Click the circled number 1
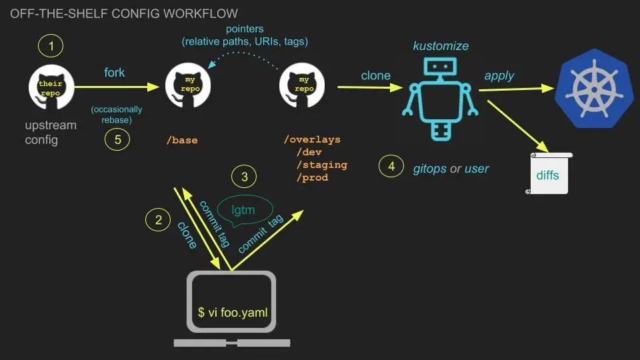pyautogui.click(x=51, y=46)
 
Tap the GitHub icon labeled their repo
pyautogui.click(x=51, y=87)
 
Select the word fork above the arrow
pyautogui.click(x=114, y=73)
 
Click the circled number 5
pyautogui.click(x=117, y=139)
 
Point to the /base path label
pyautogui.click(x=182, y=141)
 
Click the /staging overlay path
pyautogui.click(x=322, y=165)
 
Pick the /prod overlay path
pyautogui.click(x=313, y=177)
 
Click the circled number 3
pyautogui.click(x=244, y=177)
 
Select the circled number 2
pyautogui.click(x=158, y=219)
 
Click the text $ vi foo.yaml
pyautogui.click(x=233, y=313)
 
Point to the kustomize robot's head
pyautogui.click(x=440, y=67)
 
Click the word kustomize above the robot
pyautogui.click(x=441, y=46)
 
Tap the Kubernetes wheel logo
pyautogui.click(x=594, y=88)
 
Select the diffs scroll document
pyautogui.click(x=549, y=173)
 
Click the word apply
pyautogui.click(x=499, y=76)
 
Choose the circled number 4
pyautogui.click(x=391, y=166)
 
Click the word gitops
pyautogui.click(x=430, y=169)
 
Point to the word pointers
pyautogui.click(x=245, y=29)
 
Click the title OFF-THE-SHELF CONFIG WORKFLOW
pyautogui.click(x=124, y=13)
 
